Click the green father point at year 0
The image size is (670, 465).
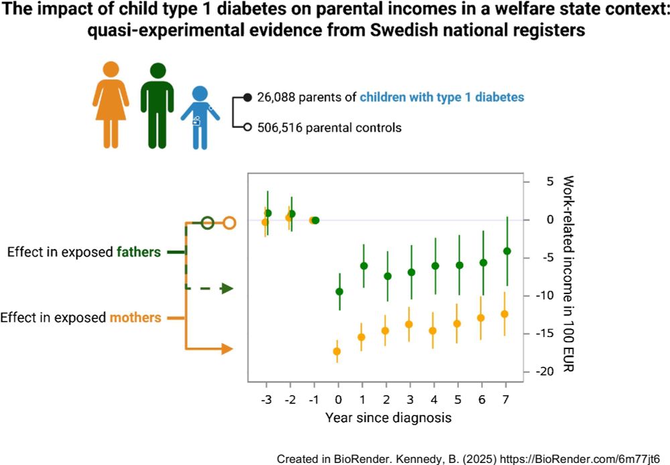pos(339,291)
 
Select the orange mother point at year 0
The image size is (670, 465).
pos(337,351)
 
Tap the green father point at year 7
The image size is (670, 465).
pos(507,251)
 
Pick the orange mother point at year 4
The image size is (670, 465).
pos(433,330)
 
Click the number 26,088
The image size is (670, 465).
pos(277,97)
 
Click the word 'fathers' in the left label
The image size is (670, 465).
pos(139,253)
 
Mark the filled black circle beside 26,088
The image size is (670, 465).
pos(247,97)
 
